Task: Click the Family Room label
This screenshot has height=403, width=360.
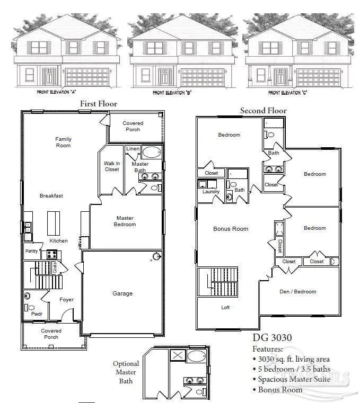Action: click(x=63, y=142)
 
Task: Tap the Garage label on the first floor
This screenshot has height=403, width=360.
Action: click(x=122, y=293)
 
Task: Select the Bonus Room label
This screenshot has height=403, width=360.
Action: click(x=231, y=229)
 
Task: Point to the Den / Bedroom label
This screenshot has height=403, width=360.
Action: click(x=297, y=291)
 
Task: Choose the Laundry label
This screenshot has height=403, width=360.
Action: click(x=211, y=192)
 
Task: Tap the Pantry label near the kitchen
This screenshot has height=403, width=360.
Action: click(x=31, y=251)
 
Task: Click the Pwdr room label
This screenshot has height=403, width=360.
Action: click(x=37, y=314)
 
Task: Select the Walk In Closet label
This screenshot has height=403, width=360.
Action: click(x=111, y=166)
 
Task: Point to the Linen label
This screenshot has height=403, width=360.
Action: click(x=133, y=149)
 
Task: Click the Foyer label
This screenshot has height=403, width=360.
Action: click(x=66, y=300)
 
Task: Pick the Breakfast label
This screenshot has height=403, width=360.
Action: click(x=51, y=196)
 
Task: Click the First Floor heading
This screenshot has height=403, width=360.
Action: click(x=98, y=104)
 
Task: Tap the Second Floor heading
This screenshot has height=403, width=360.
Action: click(x=263, y=111)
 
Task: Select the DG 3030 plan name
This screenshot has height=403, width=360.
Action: click(x=273, y=337)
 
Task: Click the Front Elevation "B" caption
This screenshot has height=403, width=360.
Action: click(x=172, y=93)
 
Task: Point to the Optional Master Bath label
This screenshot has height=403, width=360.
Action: click(x=126, y=372)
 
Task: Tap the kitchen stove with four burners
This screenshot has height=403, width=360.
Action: click(x=52, y=254)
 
